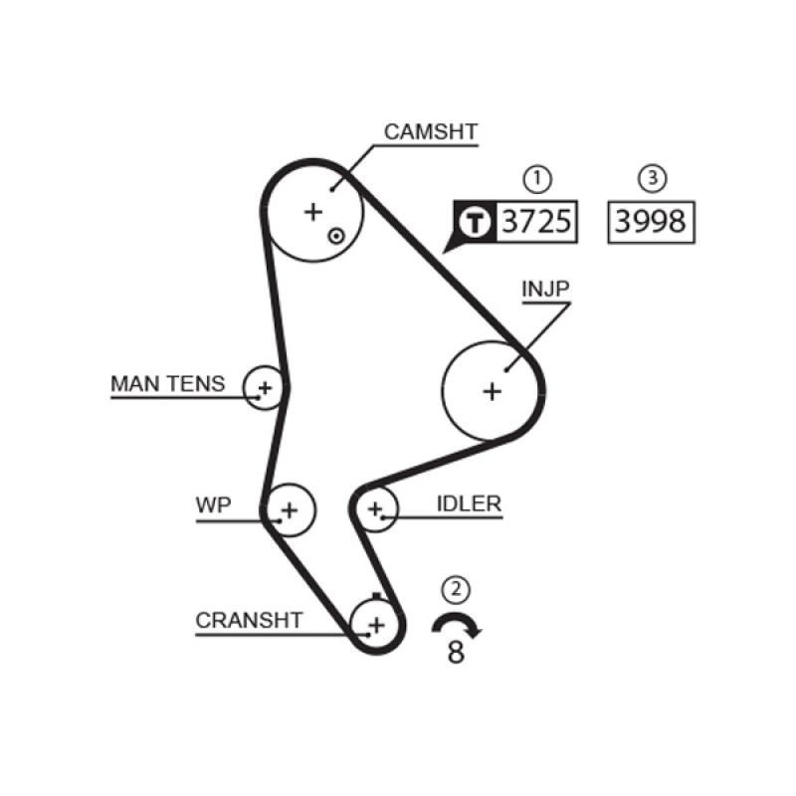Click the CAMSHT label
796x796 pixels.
coord(431,131)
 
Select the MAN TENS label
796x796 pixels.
coord(168,384)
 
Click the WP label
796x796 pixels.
coord(213,505)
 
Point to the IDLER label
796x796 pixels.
coord(468,504)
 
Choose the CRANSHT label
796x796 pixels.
coord(249,620)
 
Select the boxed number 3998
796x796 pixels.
coord(650,221)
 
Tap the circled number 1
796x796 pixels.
coord(536,179)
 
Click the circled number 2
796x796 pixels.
coord(456,590)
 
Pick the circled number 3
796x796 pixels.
coord(651,179)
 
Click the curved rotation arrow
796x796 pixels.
coord(457,625)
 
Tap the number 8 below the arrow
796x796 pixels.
coord(456,654)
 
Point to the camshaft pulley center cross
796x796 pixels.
coord(313,211)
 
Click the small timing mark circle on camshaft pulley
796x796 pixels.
coord(337,236)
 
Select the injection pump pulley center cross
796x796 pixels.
coord(492,391)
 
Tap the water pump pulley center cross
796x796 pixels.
coord(289,510)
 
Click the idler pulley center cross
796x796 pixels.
coord(375,510)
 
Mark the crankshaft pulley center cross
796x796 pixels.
coord(375,625)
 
